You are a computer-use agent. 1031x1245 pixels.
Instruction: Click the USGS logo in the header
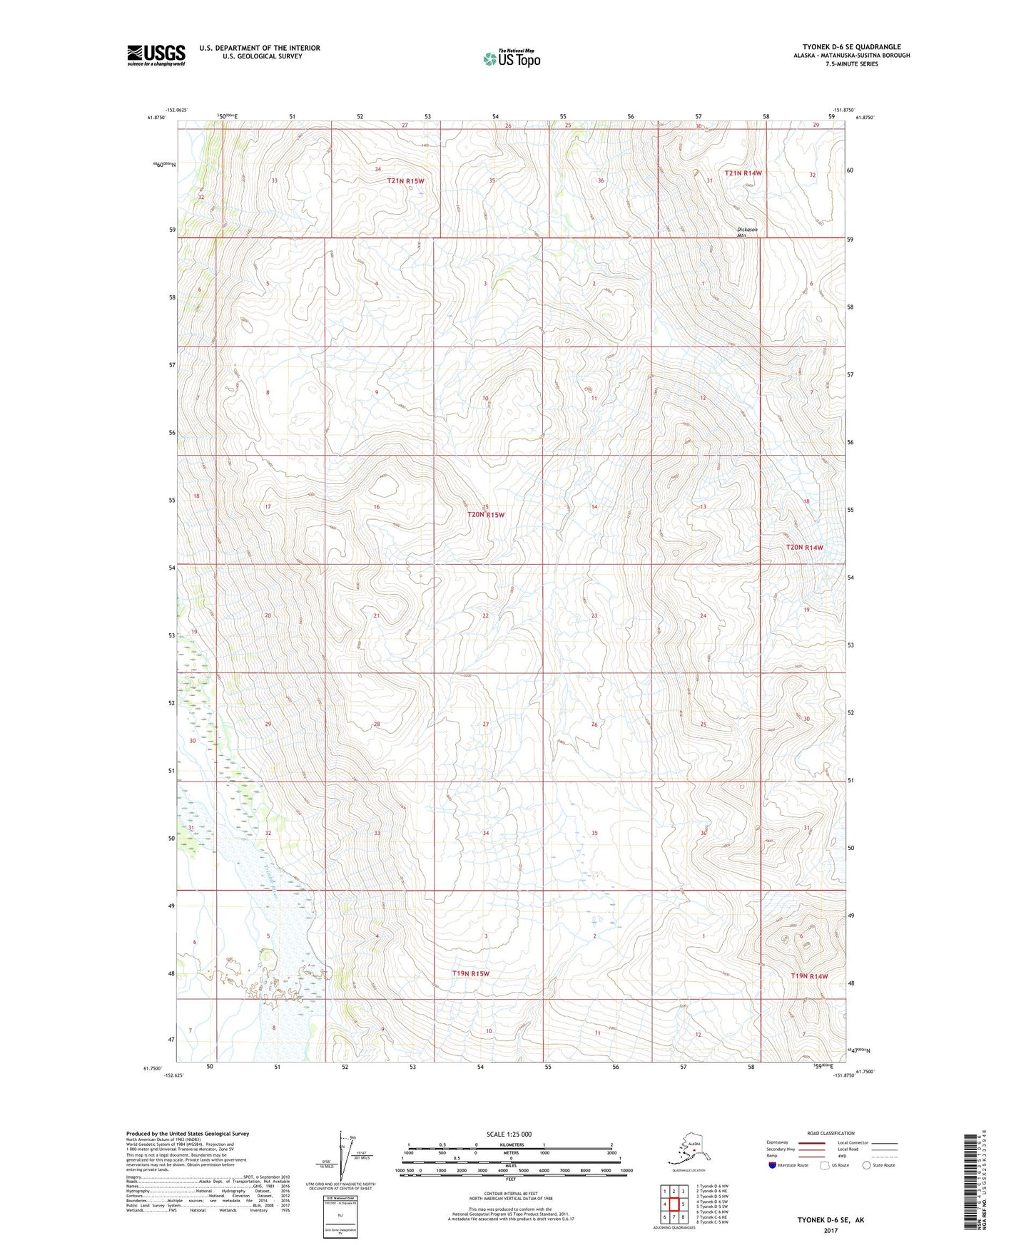tap(156, 55)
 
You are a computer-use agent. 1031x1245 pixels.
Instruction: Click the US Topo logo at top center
tap(511, 59)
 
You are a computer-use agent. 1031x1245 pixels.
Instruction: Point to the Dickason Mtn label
tap(747, 232)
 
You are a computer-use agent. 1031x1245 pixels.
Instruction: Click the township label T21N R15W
tap(405, 181)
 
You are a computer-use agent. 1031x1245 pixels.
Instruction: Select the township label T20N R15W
tap(485, 514)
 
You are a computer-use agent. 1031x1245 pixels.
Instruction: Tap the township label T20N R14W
tap(804, 548)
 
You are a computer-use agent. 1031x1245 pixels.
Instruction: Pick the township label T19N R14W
tap(809, 976)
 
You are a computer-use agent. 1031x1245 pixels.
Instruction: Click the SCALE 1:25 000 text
tap(509, 1134)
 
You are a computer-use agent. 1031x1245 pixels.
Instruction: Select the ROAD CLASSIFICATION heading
tap(831, 1133)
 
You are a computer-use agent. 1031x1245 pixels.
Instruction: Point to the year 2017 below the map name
tap(830, 1230)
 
